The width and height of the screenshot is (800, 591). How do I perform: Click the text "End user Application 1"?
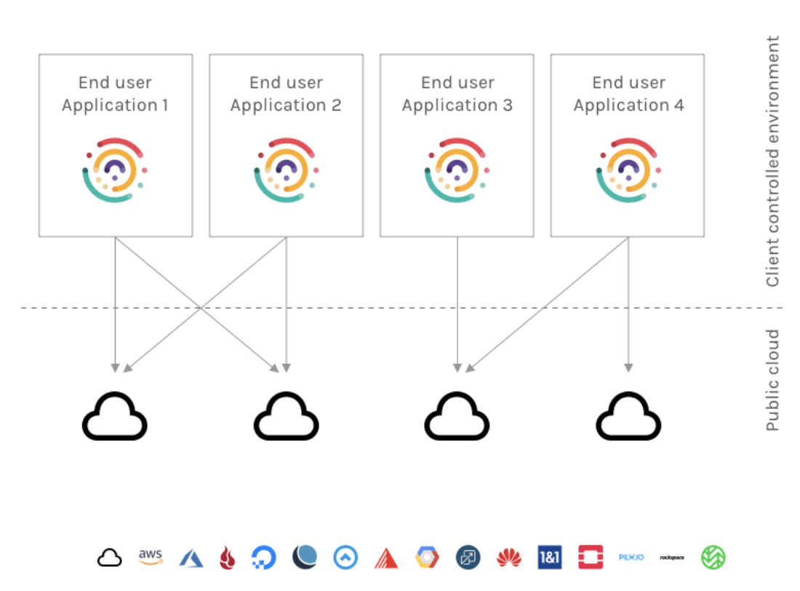115,94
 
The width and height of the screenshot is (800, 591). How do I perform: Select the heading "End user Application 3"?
457,94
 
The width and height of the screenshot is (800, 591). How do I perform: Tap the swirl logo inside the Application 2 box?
286,170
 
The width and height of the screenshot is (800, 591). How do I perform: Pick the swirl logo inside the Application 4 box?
628,170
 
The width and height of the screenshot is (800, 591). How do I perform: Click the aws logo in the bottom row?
151,557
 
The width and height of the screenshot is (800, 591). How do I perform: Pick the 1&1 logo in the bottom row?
550,558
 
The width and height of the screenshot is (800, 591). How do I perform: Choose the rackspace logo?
672,558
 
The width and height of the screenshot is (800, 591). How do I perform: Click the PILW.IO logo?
631,558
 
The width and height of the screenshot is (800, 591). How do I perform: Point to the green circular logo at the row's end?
713,558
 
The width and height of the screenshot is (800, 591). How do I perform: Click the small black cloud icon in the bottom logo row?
109,558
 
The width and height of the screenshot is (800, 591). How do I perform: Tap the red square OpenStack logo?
591,558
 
